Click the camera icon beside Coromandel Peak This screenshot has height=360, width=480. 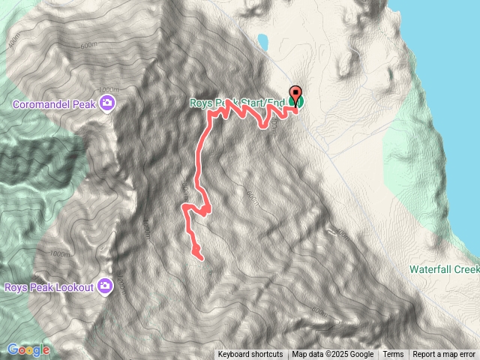pyautogui.click(x=108, y=103)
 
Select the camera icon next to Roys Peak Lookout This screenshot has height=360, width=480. pyautogui.click(x=106, y=286)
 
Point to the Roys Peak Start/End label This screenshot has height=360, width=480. pyautogui.click(x=238, y=103)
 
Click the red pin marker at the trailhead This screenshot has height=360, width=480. pyautogui.click(x=295, y=94)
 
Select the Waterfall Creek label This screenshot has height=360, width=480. pyautogui.click(x=444, y=268)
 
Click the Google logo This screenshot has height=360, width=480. pyautogui.click(x=28, y=349)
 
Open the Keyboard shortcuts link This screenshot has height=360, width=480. pyautogui.click(x=250, y=355)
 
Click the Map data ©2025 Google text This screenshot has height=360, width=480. pyautogui.click(x=332, y=355)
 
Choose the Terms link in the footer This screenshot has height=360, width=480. pyautogui.click(x=393, y=355)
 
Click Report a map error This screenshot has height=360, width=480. pyautogui.click(x=444, y=355)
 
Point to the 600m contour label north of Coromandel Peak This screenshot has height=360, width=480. pyautogui.click(x=88, y=45)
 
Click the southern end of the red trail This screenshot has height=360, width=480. pyautogui.click(x=200, y=258)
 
